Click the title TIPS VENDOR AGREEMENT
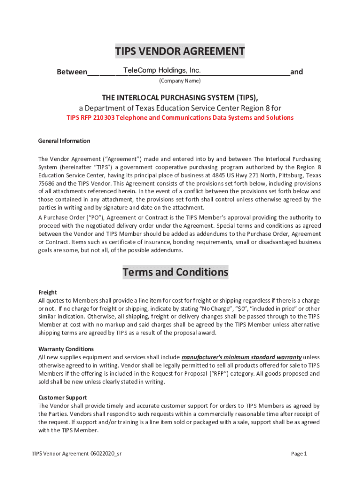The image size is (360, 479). pos(180,51)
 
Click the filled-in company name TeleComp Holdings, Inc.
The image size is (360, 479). pos(162,71)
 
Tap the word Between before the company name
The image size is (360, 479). pos(72,72)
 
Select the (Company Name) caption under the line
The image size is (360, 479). pos(180,81)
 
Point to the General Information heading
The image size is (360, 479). pos(64,141)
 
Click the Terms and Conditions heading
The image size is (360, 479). pos(175,272)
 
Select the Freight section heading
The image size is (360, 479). pos(47,292)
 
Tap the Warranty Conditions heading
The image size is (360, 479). pos(66,349)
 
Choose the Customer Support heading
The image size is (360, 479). pos(63,398)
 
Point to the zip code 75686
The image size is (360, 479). pos(46,183)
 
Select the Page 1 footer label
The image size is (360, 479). pos(299,453)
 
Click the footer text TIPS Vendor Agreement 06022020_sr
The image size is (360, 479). pos(77,453)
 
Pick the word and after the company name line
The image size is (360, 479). pos(296,72)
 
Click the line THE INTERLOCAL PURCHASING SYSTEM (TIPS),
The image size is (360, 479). pos(180,97)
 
